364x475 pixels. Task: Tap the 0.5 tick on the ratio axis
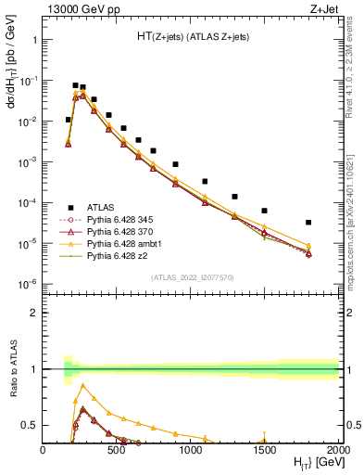point(31,425)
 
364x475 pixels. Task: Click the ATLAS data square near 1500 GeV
point(265,211)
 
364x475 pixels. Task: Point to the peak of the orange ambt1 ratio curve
point(83,385)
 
